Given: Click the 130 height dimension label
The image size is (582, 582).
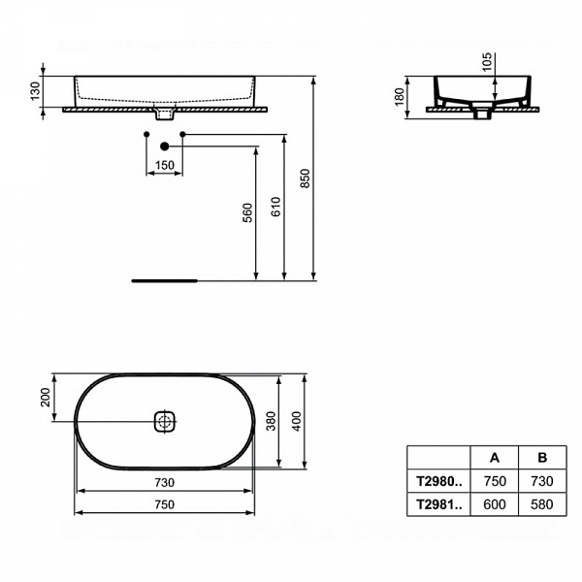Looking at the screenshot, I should [x=34, y=90].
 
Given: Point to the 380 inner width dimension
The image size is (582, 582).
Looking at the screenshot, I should [x=272, y=421].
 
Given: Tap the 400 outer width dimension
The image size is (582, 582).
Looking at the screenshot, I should [x=297, y=421].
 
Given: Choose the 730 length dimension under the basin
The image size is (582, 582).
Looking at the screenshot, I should [x=164, y=482].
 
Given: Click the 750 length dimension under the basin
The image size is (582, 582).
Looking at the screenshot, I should [x=164, y=503].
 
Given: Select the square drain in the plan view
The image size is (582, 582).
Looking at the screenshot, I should [x=164, y=421].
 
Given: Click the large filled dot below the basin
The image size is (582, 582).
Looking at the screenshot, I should [x=164, y=146].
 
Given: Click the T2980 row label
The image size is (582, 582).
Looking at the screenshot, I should [x=437, y=480].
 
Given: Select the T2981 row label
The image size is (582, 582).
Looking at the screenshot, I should [x=437, y=504].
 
